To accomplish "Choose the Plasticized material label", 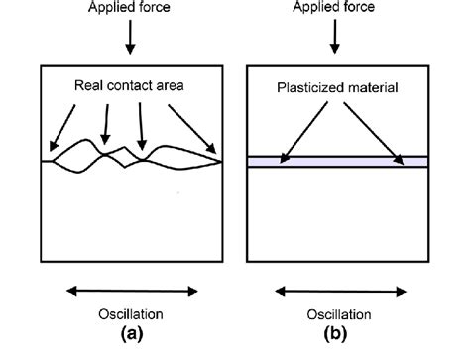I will (338, 89).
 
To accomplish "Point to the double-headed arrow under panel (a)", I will (131, 292).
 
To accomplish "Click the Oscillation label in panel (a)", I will (131, 315).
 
